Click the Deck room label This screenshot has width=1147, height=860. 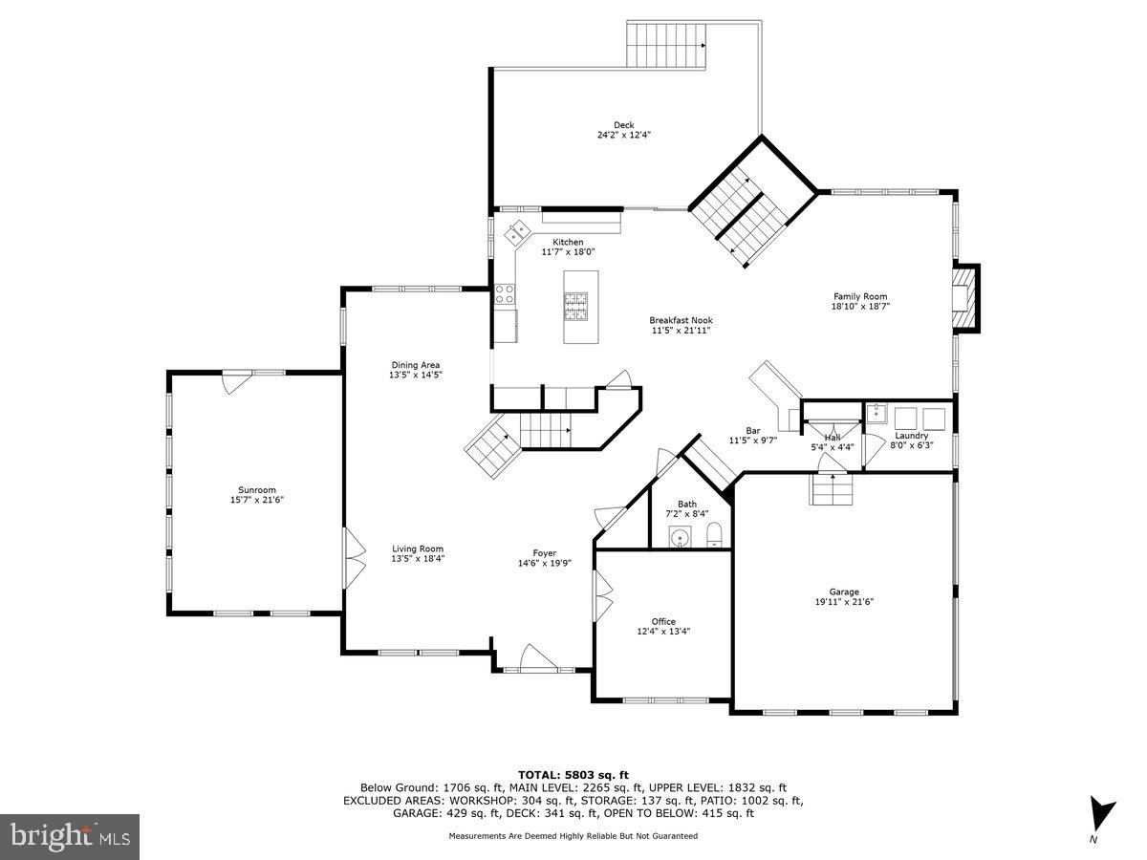click(624, 124)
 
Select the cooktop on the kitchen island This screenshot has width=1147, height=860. click(576, 306)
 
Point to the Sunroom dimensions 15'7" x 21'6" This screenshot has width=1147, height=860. click(256, 500)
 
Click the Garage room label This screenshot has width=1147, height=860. click(844, 591)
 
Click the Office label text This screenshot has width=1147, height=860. click(663, 621)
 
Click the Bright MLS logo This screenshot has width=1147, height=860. click(70, 837)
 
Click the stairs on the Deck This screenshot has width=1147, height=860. click(666, 45)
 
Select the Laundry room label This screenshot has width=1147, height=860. click(911, 436)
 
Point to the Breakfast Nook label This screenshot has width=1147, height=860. click(681, 320)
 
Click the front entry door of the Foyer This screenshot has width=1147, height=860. click(537, 659)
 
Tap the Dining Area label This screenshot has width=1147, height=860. click(415, 364)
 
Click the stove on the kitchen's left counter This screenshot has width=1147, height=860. click(505, 295)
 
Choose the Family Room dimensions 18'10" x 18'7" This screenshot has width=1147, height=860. click(860, 307)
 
